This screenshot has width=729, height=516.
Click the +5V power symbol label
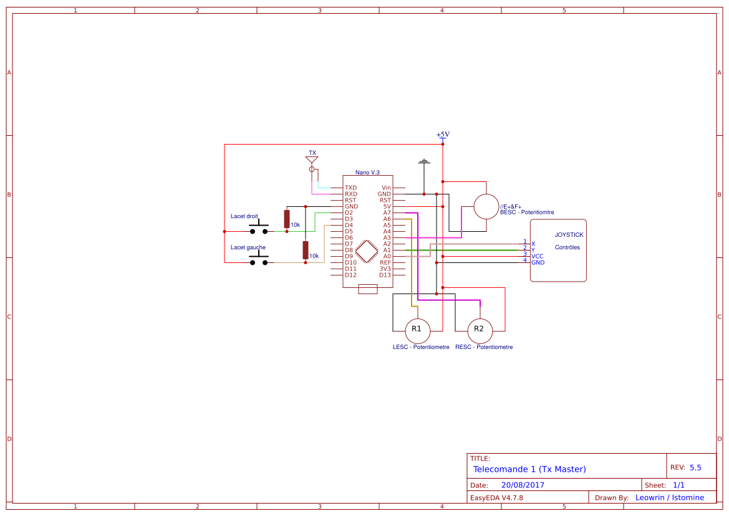[443, 135]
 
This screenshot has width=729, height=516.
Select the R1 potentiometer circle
[417, 331]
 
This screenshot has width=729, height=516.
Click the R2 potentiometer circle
[480, 331]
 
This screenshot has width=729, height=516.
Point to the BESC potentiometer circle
[486, 207]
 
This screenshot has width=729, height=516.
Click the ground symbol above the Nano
[424, 161]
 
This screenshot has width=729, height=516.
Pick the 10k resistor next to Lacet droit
[287, 219]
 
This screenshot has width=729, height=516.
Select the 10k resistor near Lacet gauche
[306, 250]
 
